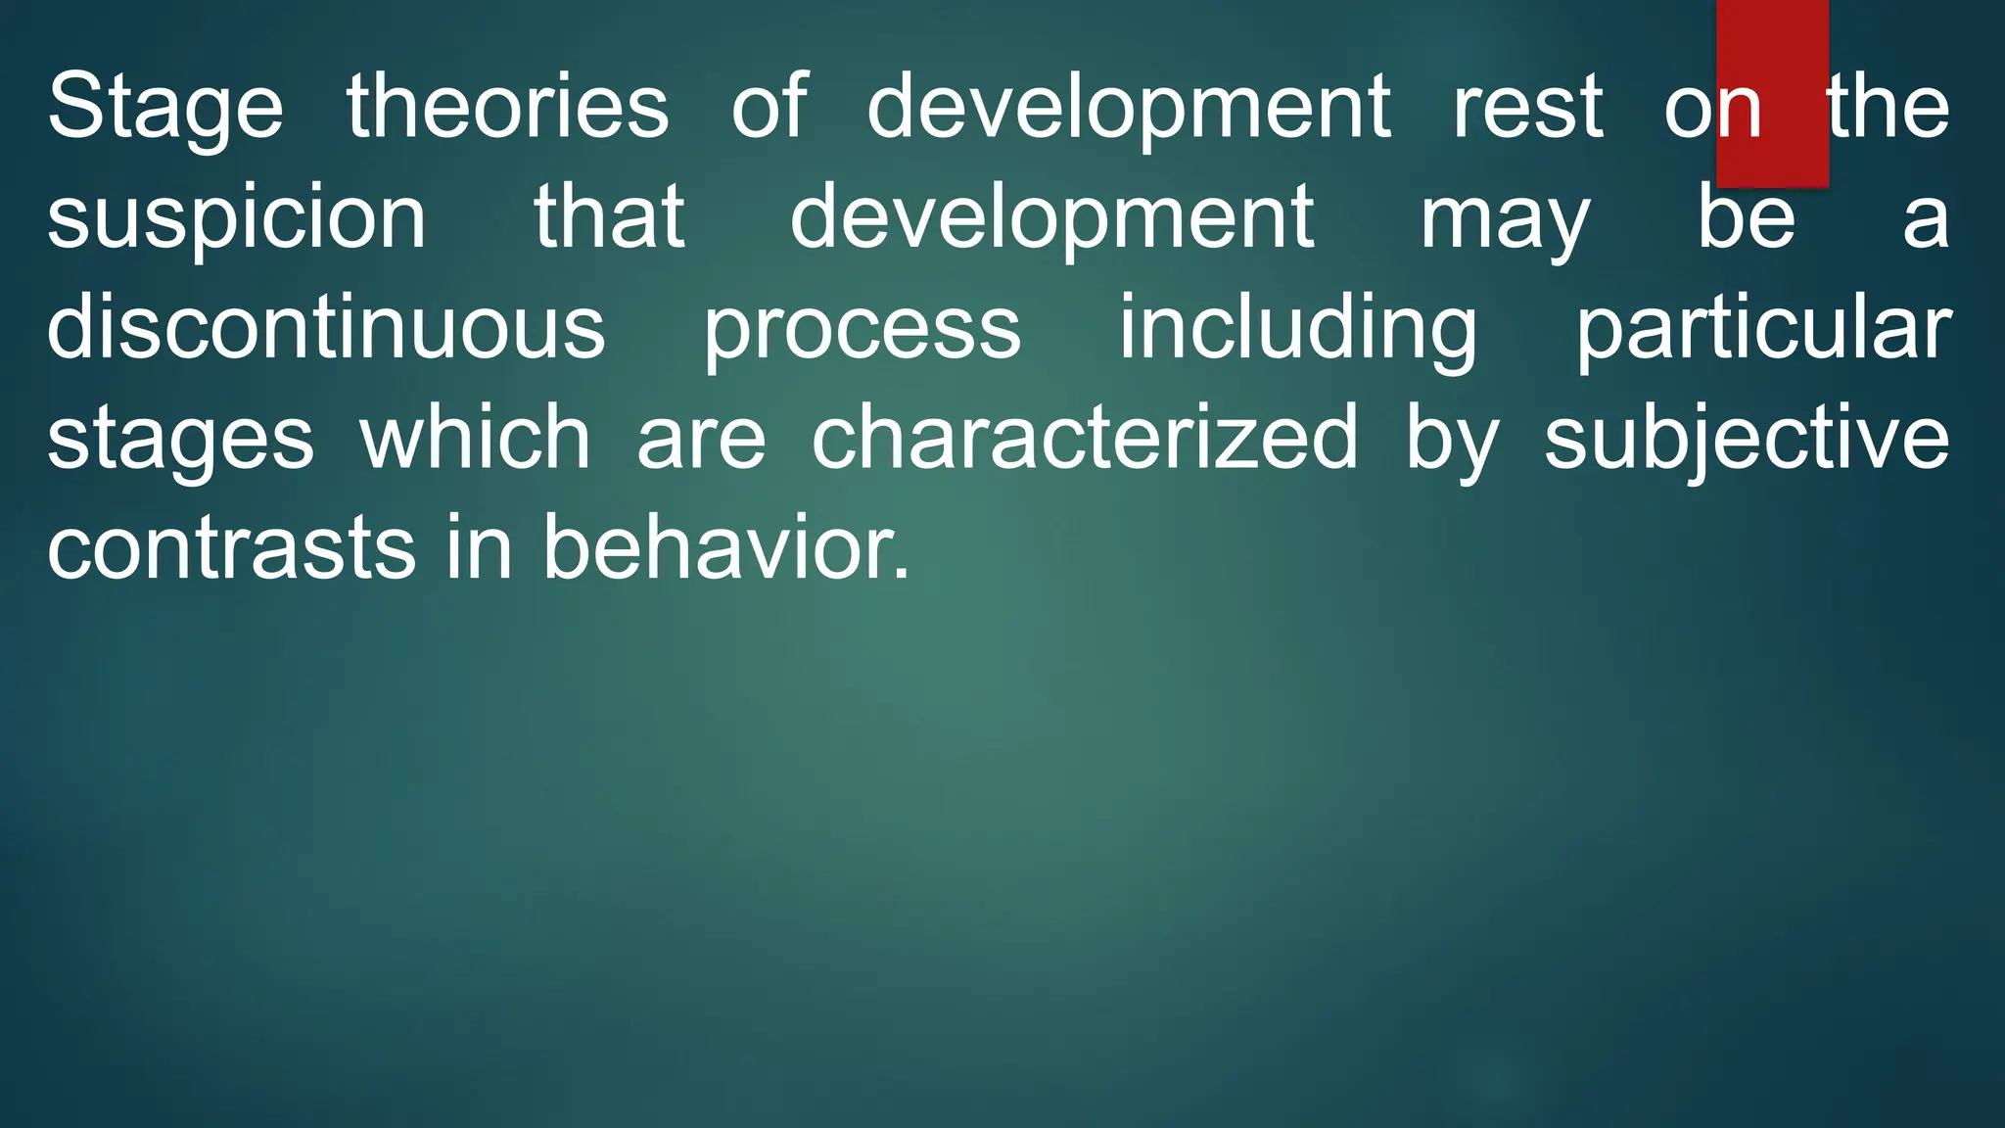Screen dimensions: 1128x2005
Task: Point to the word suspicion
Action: [236, 217]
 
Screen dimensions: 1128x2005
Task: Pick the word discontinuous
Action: [326, 327]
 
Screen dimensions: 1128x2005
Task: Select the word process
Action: [863, 329]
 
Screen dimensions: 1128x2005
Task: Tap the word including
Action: [1298, 329]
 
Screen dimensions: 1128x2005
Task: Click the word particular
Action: [1763, 329]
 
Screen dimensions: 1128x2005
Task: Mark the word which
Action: [475, 438]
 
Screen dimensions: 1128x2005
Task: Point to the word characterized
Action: [1085, 438]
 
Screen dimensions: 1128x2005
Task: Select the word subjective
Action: [1747, 440]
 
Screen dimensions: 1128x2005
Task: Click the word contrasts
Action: [231, 548]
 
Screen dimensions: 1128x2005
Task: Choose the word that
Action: [609, 217]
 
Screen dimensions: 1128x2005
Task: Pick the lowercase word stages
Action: [180, 440]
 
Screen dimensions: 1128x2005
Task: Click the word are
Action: [701, 440]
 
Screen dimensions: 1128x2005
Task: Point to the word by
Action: [1452, 440]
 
